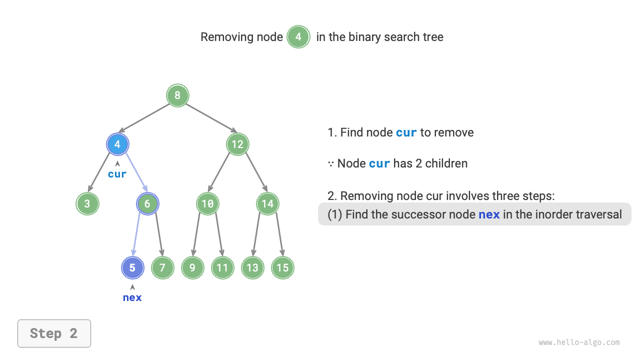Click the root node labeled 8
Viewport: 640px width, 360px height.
177,95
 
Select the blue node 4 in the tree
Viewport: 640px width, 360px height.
117,144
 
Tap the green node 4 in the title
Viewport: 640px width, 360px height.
298,37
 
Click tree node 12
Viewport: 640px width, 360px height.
237,144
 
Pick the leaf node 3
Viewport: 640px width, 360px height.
87,203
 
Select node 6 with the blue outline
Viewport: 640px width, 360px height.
147,203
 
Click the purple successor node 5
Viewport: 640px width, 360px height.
132,267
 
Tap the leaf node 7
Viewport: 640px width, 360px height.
162,267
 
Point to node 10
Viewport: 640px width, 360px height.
207,203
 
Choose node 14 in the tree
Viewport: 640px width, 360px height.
267,203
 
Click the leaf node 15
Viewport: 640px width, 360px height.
282,267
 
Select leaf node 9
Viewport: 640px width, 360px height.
192,267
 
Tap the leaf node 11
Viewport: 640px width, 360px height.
222,267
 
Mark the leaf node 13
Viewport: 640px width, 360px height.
252,267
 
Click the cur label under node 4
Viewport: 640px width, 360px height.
117,174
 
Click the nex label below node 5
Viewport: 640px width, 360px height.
132,297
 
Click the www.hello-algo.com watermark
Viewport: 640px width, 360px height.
579,342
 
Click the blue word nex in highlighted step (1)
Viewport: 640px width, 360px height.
489,214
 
